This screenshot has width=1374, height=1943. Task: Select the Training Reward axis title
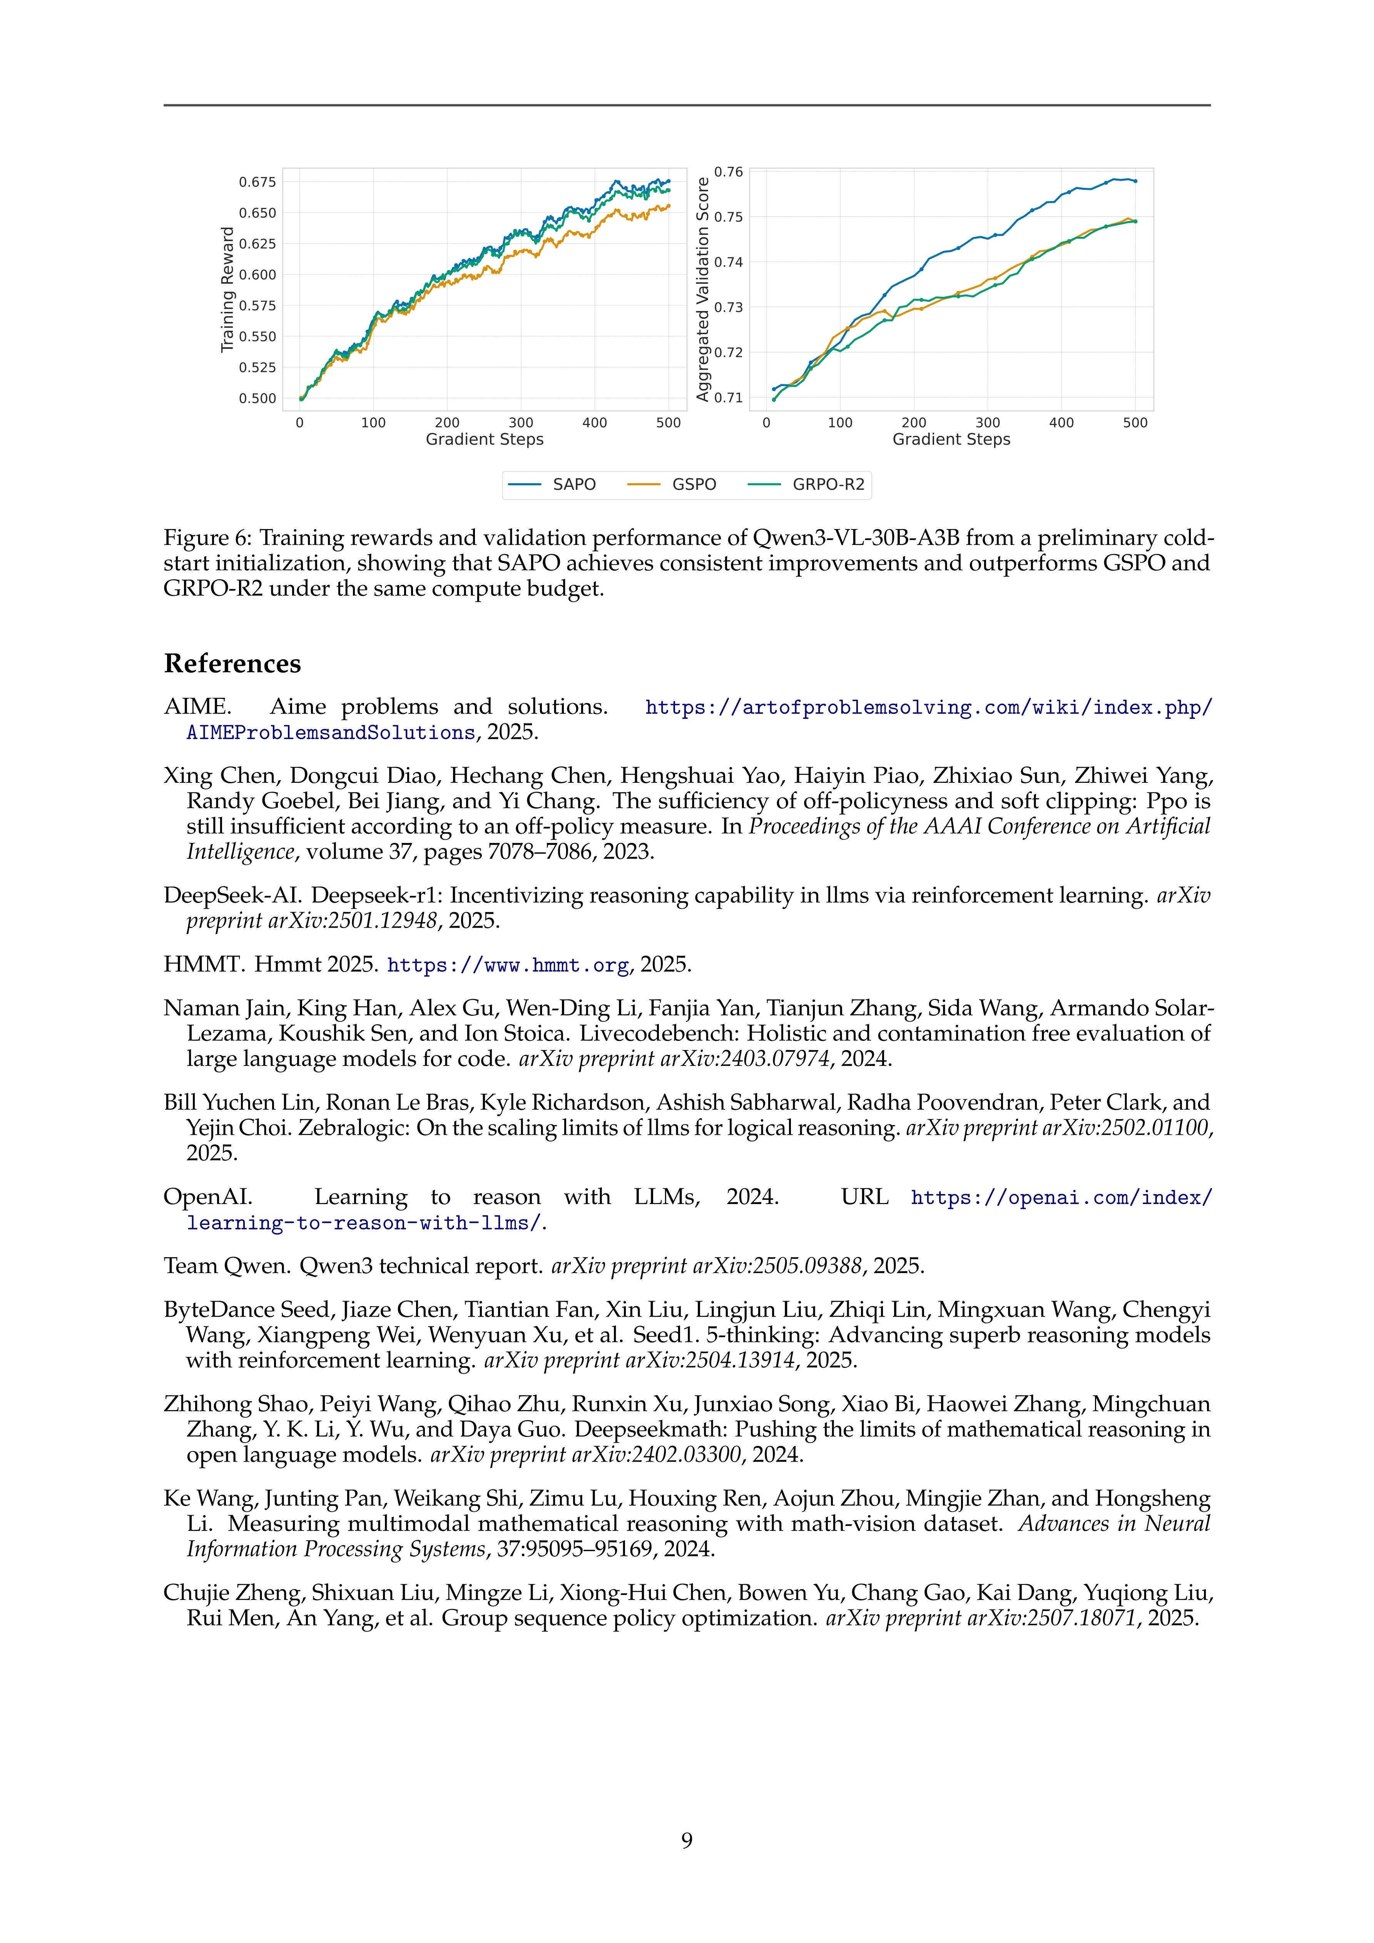(227, 290)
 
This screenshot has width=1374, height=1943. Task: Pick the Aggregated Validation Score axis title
(702, 290)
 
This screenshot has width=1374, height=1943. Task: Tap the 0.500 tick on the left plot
(257, 399)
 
